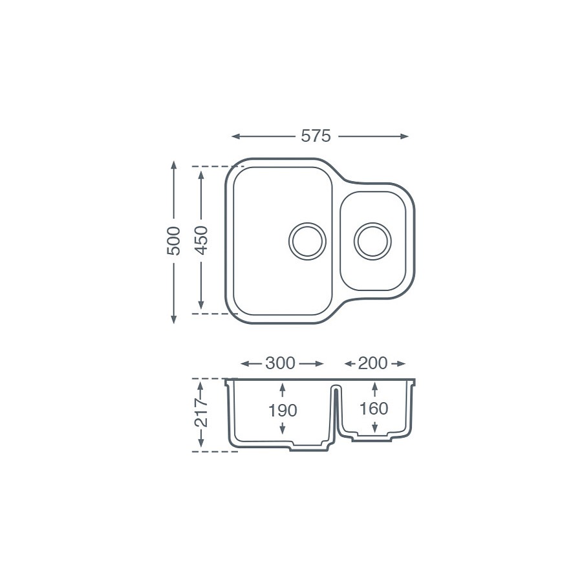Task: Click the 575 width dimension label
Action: coord(316,136)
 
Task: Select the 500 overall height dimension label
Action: coord(174,241)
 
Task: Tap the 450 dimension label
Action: coord(202,240)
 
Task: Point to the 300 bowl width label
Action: coord(280,363)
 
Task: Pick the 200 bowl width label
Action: coord(372,363)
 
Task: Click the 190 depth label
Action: coord(283,411)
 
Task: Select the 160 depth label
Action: coord(374,409)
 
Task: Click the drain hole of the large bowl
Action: coord(307,241)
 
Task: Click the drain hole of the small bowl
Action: coord(372,241)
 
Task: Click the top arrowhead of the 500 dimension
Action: coord(174,164)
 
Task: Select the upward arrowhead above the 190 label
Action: coord(283,387)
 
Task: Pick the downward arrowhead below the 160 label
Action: coord(375,429)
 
